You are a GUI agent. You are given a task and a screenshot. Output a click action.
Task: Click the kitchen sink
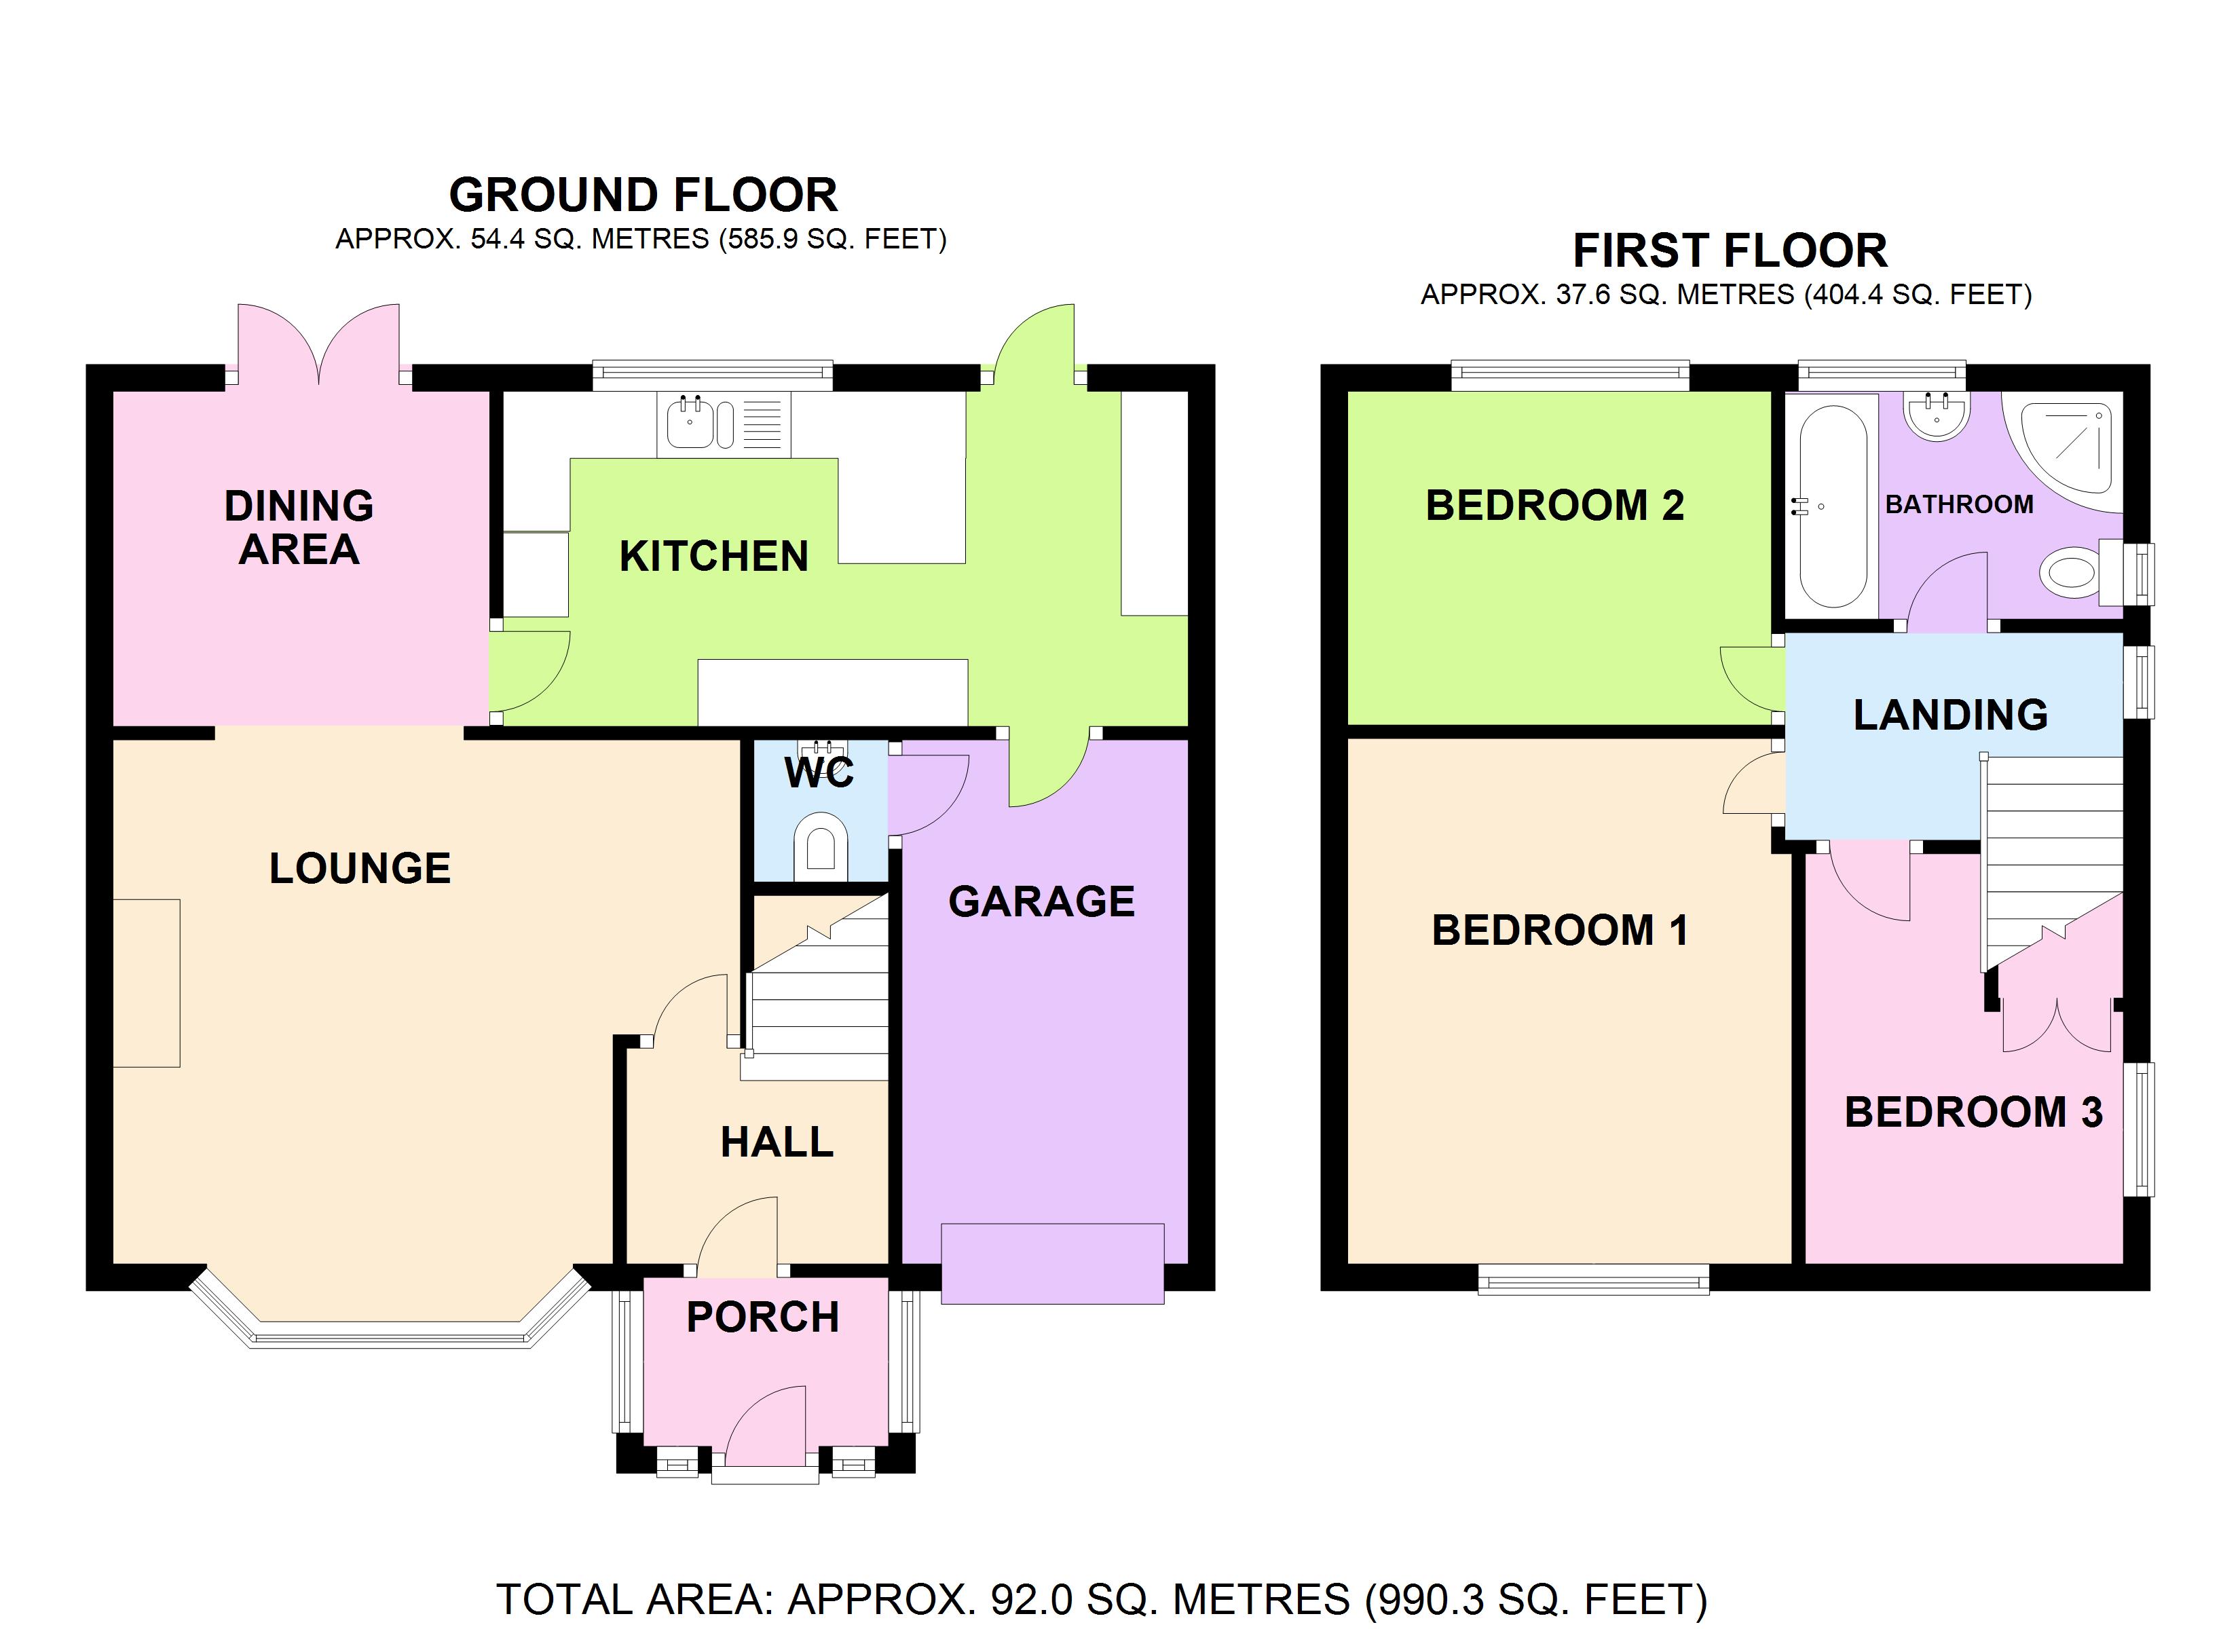pos(724,425)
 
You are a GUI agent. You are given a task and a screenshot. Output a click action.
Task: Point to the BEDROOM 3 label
pos(1973,1112)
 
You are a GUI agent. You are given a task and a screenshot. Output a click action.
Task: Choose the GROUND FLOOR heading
pos(644,195)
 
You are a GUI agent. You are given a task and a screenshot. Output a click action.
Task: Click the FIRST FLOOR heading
pos(1730,251)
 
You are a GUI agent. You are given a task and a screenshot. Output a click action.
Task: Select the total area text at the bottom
pos(1101,1598)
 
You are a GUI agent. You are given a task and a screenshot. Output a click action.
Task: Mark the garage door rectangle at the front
pos(1053,1263)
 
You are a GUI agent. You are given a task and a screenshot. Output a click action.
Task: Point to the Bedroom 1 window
pos(1594,1279)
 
